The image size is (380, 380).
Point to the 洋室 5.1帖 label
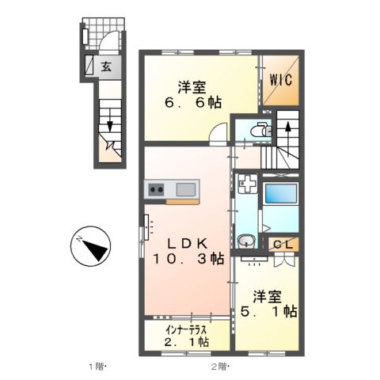[269, 305]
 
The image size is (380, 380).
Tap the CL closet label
[282, 245]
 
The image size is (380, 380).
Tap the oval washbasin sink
[246, 242]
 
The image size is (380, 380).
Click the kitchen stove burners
[154, 189]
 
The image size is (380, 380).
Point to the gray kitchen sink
[186, 189]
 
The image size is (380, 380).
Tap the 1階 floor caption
[96, 366]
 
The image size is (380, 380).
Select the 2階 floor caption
[219, 366]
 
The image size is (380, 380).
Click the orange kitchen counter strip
[183, 201]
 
